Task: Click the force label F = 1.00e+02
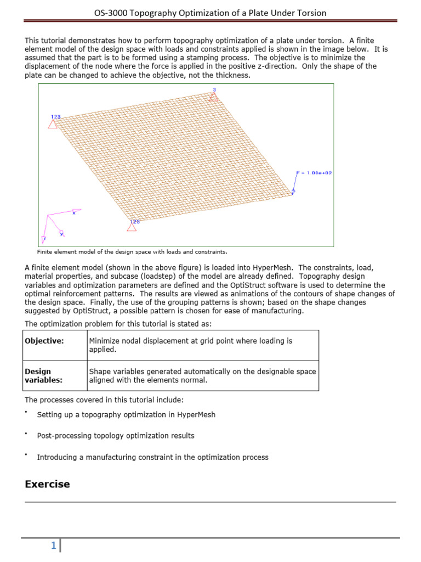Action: [314, 172]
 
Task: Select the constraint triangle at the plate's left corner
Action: [53, 123]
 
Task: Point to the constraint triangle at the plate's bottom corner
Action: [132, 226]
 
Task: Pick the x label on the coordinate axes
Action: [74, 212]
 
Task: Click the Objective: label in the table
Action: [44, 341]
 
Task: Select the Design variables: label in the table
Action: [43, 375]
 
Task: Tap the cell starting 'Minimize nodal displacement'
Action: [191, 345]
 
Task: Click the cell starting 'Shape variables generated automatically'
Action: [202, 375]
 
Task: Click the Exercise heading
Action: [48, 484]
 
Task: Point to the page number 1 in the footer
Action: [53, 546]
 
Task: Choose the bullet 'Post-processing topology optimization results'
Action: [116, 436]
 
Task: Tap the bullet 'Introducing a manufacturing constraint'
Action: [152, 457]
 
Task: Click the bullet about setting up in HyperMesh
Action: [126, 415]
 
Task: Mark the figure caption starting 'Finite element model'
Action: [132, 252]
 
